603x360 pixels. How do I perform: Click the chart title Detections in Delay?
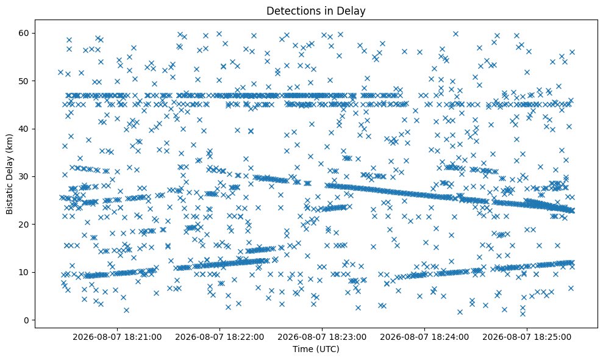tap(316, 11)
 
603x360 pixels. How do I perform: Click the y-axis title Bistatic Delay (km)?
tap(9, 174)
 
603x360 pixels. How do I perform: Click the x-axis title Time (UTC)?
tap(316, 349)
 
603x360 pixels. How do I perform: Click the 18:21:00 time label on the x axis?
tap(117, 337)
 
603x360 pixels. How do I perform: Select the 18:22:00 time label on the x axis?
tap(219, 337)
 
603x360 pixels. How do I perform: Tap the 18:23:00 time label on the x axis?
tap(322, 337)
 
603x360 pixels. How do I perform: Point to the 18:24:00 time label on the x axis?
tap(424, 337)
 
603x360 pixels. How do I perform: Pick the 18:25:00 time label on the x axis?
tap(527, 337)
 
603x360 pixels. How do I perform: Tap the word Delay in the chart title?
tap(354, 11)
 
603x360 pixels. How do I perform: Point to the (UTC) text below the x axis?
tap(327, 349)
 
